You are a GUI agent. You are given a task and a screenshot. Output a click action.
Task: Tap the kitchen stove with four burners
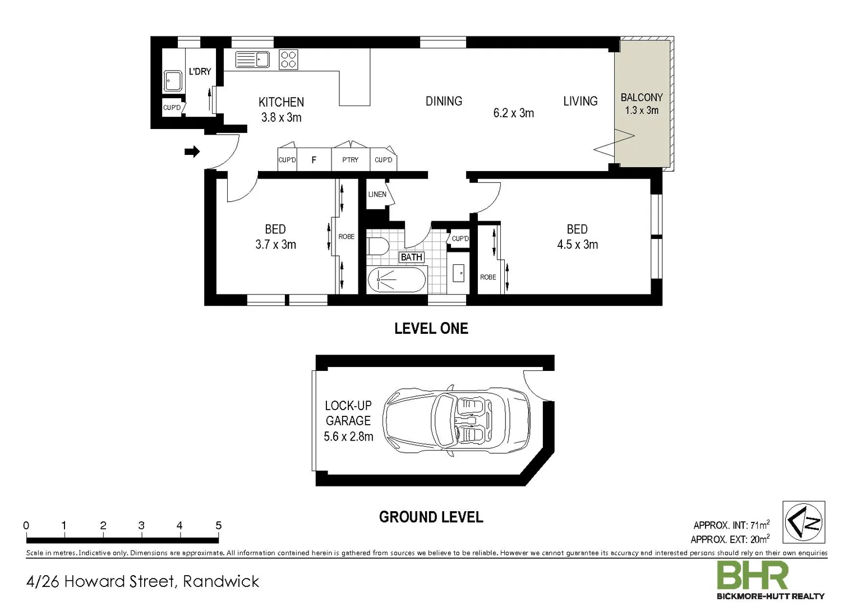tap(288, 59)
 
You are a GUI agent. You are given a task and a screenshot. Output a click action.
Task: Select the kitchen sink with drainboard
tap(253, 59)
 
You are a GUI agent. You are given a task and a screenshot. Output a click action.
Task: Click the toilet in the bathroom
tap(379, 246)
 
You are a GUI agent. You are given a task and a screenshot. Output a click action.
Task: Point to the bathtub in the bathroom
tap(397, 279)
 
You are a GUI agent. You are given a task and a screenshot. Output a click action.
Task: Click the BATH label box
tap(411, 257)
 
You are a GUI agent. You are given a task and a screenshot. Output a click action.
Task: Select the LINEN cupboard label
tap(377, 194)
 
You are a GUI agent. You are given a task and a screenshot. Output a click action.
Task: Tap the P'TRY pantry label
tap(350, 160)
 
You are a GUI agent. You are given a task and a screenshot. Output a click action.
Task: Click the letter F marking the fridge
tap(314, 160)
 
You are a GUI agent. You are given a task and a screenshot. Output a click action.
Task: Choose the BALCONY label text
tap(642, 97)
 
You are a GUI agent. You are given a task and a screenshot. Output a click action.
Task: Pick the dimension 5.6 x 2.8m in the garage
tap(348, 437)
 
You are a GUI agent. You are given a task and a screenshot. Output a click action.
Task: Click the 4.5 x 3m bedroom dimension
tap(577, 245)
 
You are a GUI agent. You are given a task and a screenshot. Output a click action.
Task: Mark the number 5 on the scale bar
tap(218, 526)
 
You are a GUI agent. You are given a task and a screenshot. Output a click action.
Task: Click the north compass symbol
tap(804, 522)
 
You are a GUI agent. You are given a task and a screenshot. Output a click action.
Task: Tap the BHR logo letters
tap(753, 576)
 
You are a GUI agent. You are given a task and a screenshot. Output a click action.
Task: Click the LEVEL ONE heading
tap(431, 328)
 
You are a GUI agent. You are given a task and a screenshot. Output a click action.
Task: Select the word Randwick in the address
tap(222, 581)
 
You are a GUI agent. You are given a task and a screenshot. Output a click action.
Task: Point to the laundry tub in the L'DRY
tap(172, 81)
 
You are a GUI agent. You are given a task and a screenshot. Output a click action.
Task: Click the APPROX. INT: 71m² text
tap(731, 525)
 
